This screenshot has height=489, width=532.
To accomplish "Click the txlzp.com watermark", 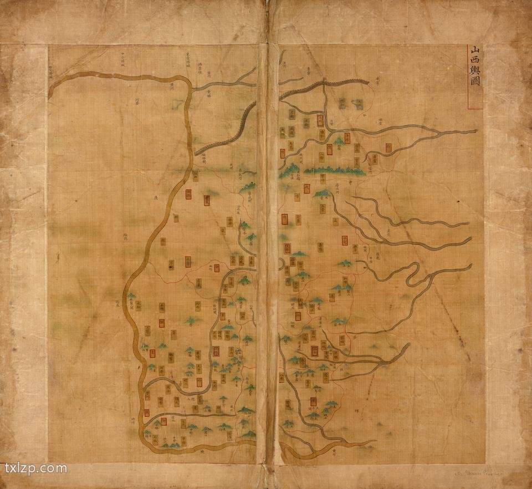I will [35, 468].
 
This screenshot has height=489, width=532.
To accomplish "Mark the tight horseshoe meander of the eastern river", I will [413, 272].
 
